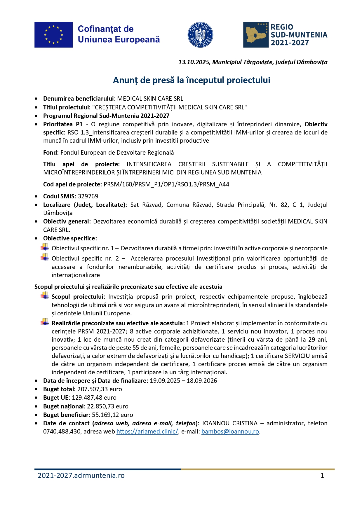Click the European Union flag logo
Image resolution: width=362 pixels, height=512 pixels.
53,35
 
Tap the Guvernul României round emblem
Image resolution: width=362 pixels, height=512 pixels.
200,35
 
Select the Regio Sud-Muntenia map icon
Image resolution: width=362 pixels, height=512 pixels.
256,35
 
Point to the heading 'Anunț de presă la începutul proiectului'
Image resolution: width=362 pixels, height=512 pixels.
192,80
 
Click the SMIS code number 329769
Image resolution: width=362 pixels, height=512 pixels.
88,196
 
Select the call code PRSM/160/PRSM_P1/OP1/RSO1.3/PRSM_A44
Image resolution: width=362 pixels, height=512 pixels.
166,184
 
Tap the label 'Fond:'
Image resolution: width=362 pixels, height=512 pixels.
51,153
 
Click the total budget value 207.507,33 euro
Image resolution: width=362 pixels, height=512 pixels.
100,389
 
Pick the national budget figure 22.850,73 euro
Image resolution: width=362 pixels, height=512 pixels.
108,406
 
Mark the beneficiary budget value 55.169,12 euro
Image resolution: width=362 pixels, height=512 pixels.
112,415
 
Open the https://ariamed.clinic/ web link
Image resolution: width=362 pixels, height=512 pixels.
147,431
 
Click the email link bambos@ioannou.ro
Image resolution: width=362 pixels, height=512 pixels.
230,431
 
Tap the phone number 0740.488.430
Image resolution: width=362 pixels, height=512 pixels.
62,431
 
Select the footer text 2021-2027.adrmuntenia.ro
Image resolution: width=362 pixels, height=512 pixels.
81,476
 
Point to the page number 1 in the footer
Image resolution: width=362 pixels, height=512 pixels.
322,476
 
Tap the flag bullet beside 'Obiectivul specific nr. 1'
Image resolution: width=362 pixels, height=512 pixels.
45,248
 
